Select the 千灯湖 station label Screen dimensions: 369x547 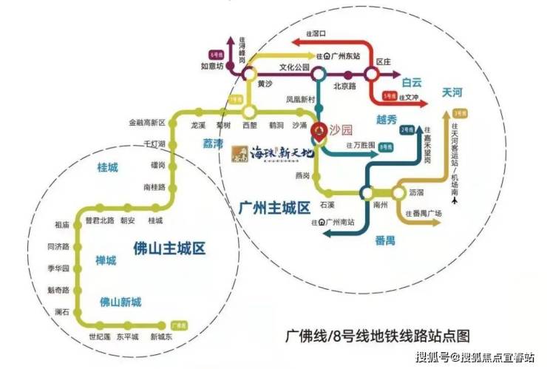tap(154, 143)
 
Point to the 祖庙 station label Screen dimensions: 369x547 tap(62, 224)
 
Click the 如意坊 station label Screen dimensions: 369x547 tap(212, 66)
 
